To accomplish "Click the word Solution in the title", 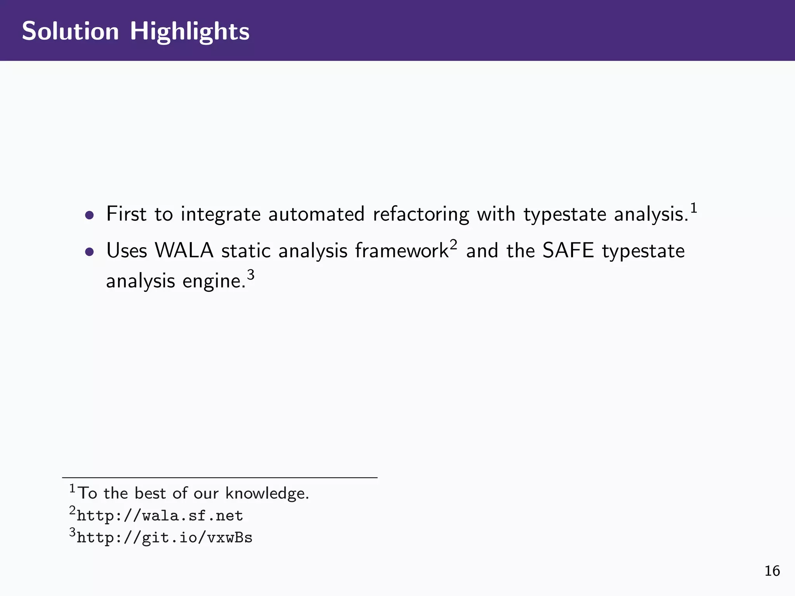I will (70, 31).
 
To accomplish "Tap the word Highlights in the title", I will (189, 32).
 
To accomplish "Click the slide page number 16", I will (772, 571).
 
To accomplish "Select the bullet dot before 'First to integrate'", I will (90, 215).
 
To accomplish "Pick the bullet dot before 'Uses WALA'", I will (90, 252).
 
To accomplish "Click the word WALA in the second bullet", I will (184, 251).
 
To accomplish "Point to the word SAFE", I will (568, 251).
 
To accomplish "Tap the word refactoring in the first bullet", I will (421, 215).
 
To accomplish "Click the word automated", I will (316, 214).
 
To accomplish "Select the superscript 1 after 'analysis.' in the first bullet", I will (694, 208).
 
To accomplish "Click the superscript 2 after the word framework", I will (453, 245).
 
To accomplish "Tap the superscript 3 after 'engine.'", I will (251, 275).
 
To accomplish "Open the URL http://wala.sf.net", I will (160, 516).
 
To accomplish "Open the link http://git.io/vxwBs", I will (165, 538).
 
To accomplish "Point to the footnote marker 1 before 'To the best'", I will (72, 488).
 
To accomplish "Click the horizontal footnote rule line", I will (220, 478).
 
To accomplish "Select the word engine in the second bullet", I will (213, 281).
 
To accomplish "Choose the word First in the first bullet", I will (126, 214).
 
